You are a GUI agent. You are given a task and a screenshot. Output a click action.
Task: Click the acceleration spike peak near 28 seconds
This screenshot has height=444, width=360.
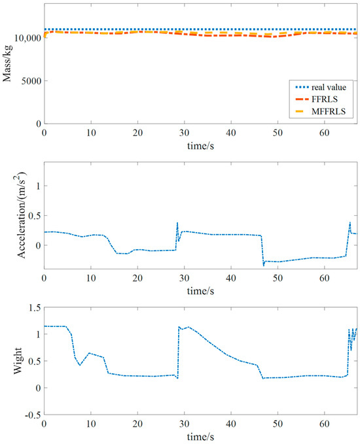(177, 223)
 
